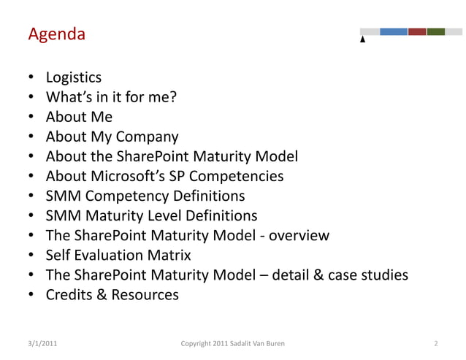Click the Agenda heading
(56, 34)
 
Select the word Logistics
(74, 77)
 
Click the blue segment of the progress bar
(394, 31)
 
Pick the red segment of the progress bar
(417, 31)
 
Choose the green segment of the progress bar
(436, 31)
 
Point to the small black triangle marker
(363, 39)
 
